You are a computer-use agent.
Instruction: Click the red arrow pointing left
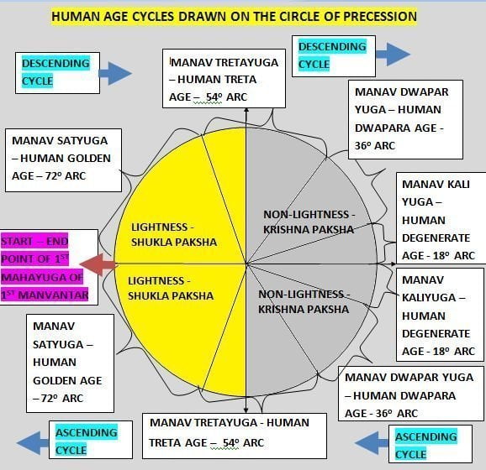point(98,264)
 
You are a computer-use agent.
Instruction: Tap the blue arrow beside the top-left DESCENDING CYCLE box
point(115,73)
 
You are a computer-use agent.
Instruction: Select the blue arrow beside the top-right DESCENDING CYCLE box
point(393,55)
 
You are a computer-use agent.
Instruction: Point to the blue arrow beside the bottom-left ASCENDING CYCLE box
point(33,443)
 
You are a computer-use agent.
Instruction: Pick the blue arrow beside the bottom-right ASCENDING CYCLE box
point(372,443)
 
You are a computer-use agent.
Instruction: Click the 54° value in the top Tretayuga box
point(214,97)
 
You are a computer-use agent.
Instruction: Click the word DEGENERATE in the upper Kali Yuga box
point(436,238)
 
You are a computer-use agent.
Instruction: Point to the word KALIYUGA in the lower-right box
point(430,298)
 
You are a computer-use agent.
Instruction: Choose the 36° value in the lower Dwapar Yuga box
point(383,414)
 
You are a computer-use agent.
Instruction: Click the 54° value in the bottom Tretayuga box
point(231,443)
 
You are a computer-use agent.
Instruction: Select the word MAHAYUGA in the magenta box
point(34,277)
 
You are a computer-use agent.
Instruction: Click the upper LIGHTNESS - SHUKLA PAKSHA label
point(174,234)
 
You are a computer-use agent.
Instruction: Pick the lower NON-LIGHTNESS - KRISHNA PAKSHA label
point(304,301)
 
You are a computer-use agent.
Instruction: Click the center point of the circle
point(246,264)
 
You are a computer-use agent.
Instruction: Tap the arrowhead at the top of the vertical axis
point(246,110)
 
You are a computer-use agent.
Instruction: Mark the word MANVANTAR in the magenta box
point(53,295)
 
